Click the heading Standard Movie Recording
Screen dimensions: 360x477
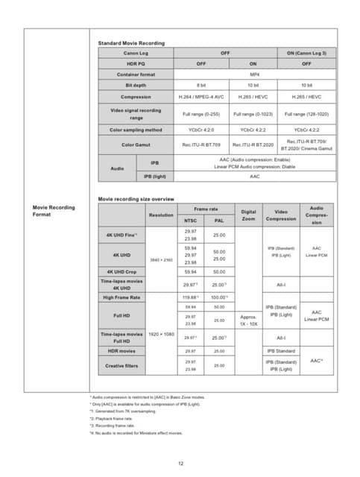tap(131, 44)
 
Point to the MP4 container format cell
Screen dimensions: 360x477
tap(253, 75)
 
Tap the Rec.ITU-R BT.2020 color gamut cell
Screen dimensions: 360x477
tap(253, 145)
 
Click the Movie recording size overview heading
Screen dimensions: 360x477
tap(136, 199)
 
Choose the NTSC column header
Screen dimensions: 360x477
tap(190, 221)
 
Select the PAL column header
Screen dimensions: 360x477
tap(219, 221)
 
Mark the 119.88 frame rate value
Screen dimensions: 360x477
tap(190, 297)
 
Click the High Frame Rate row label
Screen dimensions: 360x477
tap(122, 297)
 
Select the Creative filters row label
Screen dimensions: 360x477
tap(122, 365)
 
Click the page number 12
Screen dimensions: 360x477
tap(180, 463)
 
